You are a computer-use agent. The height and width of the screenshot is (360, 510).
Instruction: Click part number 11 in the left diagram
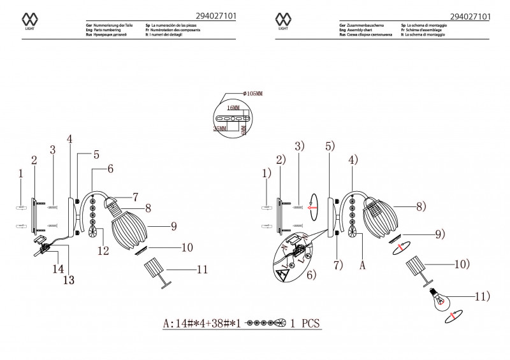[x=202, y=270]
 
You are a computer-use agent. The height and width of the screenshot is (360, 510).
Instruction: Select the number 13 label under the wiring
[x=68, y=279]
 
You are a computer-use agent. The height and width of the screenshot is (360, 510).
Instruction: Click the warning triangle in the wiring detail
[x=281, y=275]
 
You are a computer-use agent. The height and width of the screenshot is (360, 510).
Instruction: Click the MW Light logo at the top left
[x=29, y=20]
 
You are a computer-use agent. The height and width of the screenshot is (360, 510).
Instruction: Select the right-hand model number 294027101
[x=470, y=17]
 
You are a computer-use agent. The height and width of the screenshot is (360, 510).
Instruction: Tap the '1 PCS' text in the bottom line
[x=304, y=323]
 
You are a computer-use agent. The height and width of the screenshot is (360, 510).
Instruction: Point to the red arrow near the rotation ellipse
[x=312, y=206]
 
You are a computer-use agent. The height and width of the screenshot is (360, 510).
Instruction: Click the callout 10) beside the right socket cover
[x=462, y=263]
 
